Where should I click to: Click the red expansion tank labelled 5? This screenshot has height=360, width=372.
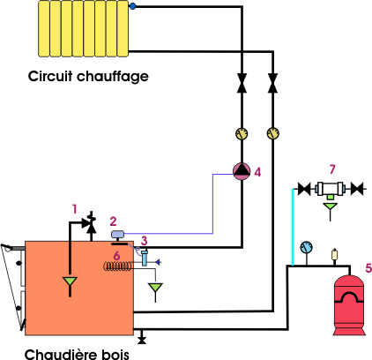coord(349,305)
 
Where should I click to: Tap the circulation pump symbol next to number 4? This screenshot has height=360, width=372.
coord(242,171)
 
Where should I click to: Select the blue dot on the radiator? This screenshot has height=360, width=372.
coord(133,6)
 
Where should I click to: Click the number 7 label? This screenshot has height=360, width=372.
coord(332,169)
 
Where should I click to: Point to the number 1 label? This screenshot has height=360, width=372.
coord(75,209)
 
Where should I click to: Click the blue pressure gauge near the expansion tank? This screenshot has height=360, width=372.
coord(307,247)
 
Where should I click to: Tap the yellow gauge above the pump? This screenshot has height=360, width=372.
coord(242,134)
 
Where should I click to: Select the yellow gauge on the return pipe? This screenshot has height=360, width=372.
coord(273,133)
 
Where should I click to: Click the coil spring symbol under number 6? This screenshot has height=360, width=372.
coord(117,266)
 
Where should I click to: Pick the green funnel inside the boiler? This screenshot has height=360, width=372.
coord(70,281)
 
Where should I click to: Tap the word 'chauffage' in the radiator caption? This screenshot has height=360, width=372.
coord(113,77)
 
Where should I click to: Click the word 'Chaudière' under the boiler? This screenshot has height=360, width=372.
coord(60,354)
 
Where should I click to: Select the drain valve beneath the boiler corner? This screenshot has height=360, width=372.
coord(142,337)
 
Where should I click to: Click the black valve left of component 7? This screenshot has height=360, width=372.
coord(304,189)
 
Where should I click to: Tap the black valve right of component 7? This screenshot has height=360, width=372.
coord(357,189)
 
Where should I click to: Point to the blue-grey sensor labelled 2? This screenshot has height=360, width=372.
coord(117,234)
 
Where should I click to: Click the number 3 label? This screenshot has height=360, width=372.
coord(144,241)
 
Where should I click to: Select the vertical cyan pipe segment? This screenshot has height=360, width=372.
coord(293,227)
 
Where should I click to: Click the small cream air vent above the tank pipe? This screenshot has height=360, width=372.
coord(334,254)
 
